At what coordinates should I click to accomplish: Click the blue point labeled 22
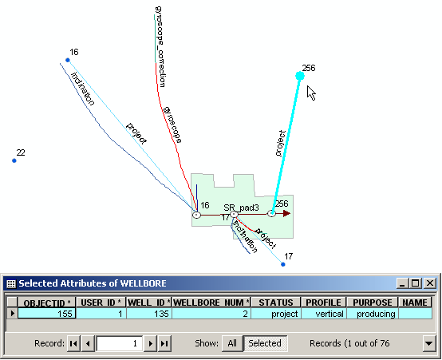[x=14, y=160]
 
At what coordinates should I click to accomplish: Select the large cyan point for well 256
[x=300, y=76]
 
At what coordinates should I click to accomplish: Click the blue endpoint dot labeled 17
[x=283, y=264]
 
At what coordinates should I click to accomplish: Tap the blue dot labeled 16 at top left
[x=67, y=60]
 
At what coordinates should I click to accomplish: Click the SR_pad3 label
[x=241, y=208]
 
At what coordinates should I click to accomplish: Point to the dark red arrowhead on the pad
[x=286, y=213]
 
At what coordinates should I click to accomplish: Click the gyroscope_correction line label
[x=160, y=46]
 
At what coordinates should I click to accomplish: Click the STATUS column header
[x=276, y=303]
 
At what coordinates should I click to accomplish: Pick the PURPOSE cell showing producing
[x=373, y=314]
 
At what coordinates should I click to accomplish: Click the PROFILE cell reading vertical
[x=324, y=314]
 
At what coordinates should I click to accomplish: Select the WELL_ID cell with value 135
[x=149, y=314]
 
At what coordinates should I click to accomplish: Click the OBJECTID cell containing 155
[x=46, y=314]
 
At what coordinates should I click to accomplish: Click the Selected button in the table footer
[x=265, y=343]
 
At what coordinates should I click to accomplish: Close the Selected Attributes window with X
[x=430, y=283]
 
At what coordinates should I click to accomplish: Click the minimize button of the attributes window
[x=403, y=283]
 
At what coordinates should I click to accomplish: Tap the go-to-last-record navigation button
[x=164, y=343]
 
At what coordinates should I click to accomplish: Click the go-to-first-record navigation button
[x=73, y=343]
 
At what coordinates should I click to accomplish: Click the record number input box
[x=119, y=343]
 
